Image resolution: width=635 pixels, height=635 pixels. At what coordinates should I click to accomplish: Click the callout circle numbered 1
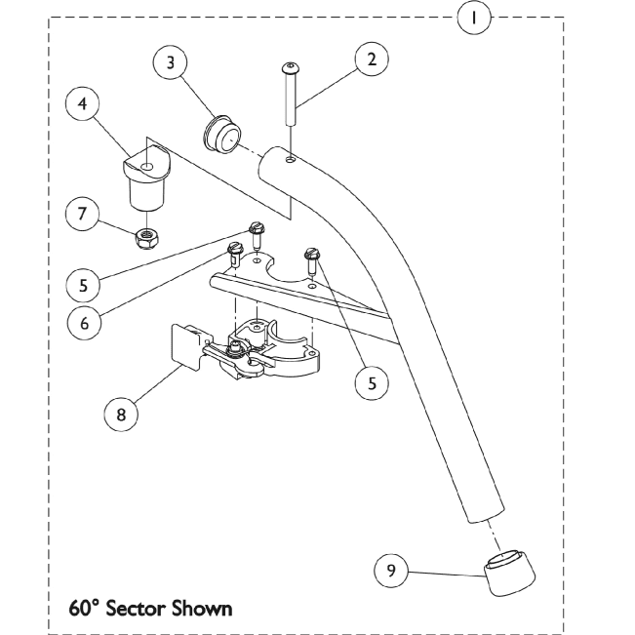[475, 18]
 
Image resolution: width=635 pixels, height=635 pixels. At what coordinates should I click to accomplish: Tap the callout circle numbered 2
[371, 59]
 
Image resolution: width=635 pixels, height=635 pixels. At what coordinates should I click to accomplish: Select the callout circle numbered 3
[171, 62]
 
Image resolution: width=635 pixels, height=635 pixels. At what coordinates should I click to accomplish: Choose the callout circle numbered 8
[121, 413]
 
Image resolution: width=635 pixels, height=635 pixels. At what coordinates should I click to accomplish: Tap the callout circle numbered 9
[391, 572]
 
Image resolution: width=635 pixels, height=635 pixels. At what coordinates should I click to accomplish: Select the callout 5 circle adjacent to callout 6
[84, 284]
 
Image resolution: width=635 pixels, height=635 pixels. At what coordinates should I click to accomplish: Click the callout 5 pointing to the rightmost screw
[371, 384]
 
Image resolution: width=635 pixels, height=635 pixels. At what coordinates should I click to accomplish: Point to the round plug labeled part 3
[219, 133]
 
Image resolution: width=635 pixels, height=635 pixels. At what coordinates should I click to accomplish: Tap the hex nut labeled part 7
[147, 234]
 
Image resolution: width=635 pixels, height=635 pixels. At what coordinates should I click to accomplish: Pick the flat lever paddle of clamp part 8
[186, 346]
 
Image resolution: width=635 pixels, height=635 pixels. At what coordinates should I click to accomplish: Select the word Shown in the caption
[203, 607]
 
